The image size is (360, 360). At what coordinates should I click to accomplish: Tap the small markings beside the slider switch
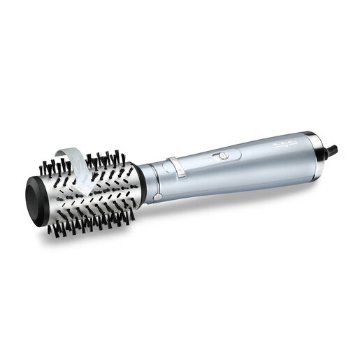[x=209, y=159]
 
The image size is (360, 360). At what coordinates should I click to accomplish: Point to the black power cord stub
[x=332, y=149]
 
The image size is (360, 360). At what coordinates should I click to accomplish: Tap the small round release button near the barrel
[x=159, y=197]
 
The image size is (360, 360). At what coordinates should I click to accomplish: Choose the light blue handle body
[x=259, y=161]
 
